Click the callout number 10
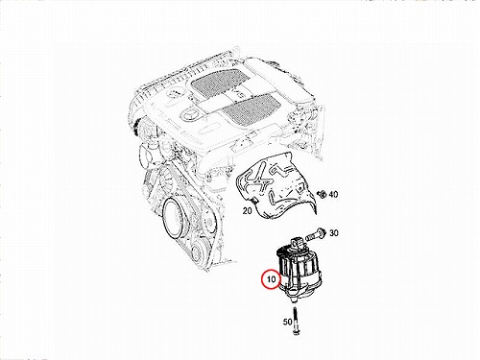[271, 279]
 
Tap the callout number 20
[248, 211]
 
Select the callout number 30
[333, 233]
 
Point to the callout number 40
[333, 194]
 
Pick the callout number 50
[287, 322]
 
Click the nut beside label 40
[322, 194]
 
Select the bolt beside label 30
[316, 235]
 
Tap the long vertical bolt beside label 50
[295, 321]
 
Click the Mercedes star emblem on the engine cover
[188, 114]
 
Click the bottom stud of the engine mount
[294, 300]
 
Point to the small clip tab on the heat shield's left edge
[255, 201]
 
